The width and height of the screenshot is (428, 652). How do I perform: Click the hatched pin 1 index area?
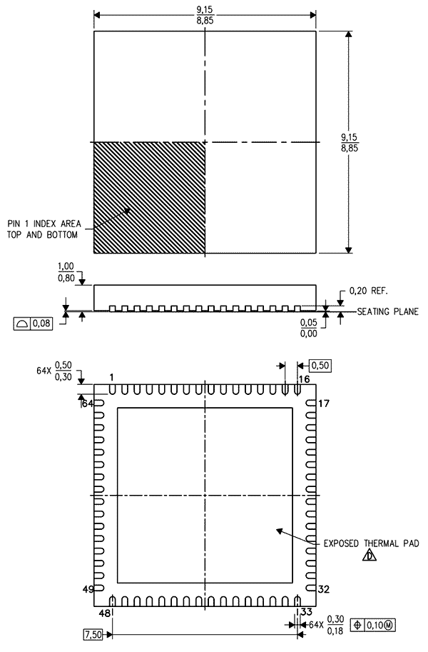[149, 198]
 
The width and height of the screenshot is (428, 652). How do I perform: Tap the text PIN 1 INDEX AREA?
[44, 224]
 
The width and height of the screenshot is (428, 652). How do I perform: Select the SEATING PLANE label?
[387, 311]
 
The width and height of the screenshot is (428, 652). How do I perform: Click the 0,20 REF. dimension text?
[369, 291]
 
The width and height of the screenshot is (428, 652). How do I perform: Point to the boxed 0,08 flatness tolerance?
[34, 323]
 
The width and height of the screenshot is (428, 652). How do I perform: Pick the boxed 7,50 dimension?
[93, 635]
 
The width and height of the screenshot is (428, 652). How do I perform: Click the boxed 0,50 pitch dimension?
[320, 366]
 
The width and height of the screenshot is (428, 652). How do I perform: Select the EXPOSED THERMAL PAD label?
[371, 543]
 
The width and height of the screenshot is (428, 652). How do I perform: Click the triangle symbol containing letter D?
[370, 556]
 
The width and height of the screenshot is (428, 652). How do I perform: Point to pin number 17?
[324, 403]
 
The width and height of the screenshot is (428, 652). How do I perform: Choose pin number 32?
[324, 589]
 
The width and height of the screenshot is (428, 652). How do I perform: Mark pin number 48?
[105, 613]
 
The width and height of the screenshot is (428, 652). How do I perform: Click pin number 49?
[88, 589]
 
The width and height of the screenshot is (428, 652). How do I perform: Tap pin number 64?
[88, 403]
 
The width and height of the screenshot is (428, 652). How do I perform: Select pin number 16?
[304, 378]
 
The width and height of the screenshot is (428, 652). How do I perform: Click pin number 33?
[307, 612]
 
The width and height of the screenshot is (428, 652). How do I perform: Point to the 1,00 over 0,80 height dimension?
[66, 272]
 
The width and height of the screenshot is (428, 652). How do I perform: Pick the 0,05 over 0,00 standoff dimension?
[309, 328]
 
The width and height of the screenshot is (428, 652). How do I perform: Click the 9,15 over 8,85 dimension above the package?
[205, 14]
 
